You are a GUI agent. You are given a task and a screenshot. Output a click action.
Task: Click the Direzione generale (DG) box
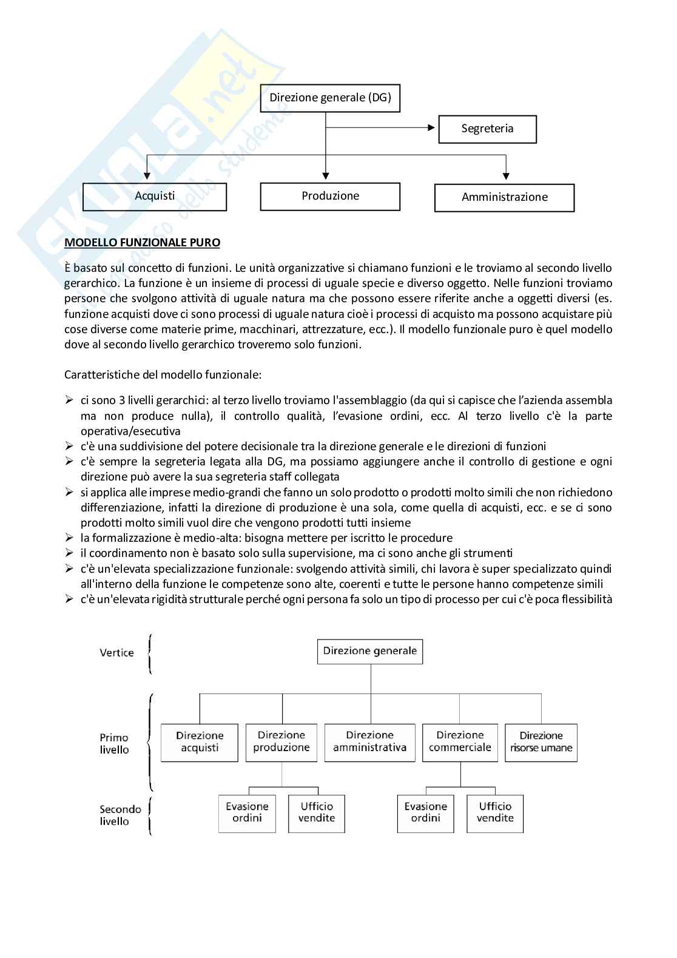pyautogui.click(x=330, y=98)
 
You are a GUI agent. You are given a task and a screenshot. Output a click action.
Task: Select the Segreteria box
pyautogui.click(x=487, y=129)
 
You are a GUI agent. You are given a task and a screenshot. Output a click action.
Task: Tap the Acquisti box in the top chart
pyautogui.click(x=155, y=197)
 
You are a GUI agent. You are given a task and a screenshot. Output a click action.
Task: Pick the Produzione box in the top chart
pyautogui.click(x=330, y=196)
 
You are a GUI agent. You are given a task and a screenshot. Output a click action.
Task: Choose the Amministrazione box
pyautogui.click(x=504, y=197)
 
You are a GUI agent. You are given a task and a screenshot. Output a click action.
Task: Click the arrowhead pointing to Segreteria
pyautogui.click(x=431, y=127)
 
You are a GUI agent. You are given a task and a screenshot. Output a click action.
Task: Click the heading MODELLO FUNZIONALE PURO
pyautogui.click(x=142, y=243)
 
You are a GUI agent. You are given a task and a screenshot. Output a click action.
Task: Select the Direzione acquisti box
pyautogui.click(x=200, y=742)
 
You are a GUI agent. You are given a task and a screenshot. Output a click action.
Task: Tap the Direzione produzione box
pyautogui.click(x=281, y=742)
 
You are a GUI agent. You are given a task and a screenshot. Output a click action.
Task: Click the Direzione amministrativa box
pyautogui.click(x=369, y=742)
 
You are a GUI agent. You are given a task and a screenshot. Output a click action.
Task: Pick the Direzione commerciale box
pyautogui.click(x=460, y=742)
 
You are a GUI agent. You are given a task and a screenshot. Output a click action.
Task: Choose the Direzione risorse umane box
pyautogui.click(x=541, y=742)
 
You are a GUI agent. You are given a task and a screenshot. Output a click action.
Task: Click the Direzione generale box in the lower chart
pyautogui.click(x=369, y=651)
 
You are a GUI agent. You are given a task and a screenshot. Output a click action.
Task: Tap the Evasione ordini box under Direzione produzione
pyautogui.click(x=247, y=812)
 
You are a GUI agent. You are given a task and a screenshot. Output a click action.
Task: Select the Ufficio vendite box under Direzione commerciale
pyautogui.click(x=495, y=812)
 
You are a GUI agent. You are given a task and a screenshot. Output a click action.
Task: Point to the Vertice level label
pyautogui.click(x=116, y=653)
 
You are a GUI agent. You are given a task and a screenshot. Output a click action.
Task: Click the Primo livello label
pyautogui.click(x=114, y=744)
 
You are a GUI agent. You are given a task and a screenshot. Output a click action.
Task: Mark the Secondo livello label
pyautogui.click(x=120, y=815)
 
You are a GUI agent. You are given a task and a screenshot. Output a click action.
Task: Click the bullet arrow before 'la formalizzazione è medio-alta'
pyautogui.click(x=69, y=538)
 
